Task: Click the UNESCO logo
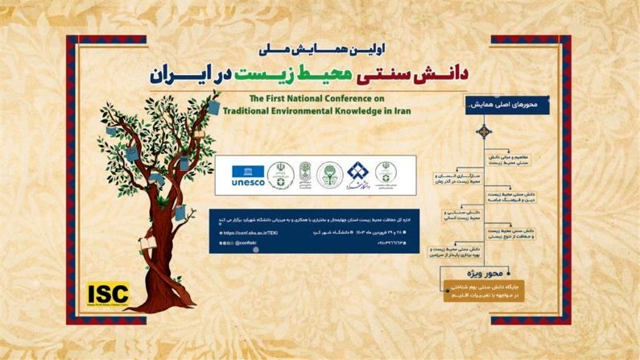click(x=248, y=176)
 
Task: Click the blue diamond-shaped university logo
click(x=356, y=175)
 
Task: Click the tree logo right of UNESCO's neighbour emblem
click(x=328, y=175)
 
